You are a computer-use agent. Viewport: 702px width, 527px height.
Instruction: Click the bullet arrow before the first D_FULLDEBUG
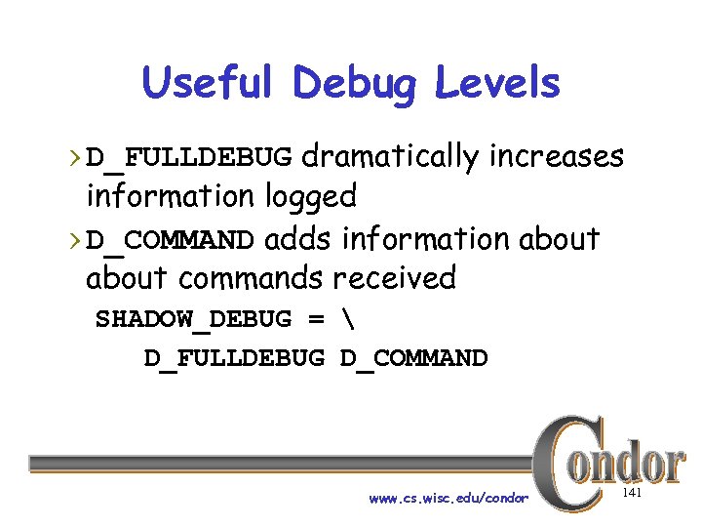tap(77, 157)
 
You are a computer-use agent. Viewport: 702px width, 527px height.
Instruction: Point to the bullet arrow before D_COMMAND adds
tap(77, 240)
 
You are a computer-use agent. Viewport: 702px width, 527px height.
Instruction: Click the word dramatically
tap(389, 156)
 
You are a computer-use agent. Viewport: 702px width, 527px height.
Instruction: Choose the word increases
tap(557, 156)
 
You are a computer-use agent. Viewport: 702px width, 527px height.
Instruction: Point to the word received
tap(394, 279)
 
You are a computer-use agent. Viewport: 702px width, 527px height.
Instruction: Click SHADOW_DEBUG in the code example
tap(193, 320)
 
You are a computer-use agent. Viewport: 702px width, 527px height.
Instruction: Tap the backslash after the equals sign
tap(347, 319)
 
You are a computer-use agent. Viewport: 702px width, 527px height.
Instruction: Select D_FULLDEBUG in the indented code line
tap(234, 359)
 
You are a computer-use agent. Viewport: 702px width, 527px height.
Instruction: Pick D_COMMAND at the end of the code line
tap(413, 359)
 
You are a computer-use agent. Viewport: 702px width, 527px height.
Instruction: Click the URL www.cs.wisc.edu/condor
tap(448, 499)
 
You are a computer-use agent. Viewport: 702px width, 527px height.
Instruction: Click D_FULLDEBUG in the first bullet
tap(189, 157)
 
